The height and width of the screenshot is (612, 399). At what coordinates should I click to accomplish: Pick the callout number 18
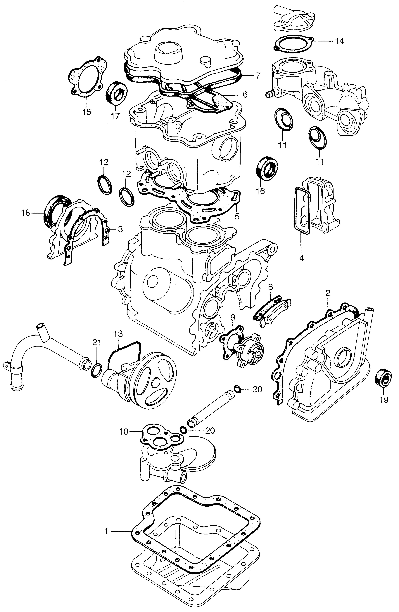tap(26, 213)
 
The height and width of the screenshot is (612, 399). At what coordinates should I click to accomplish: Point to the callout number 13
tap(119, 334)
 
